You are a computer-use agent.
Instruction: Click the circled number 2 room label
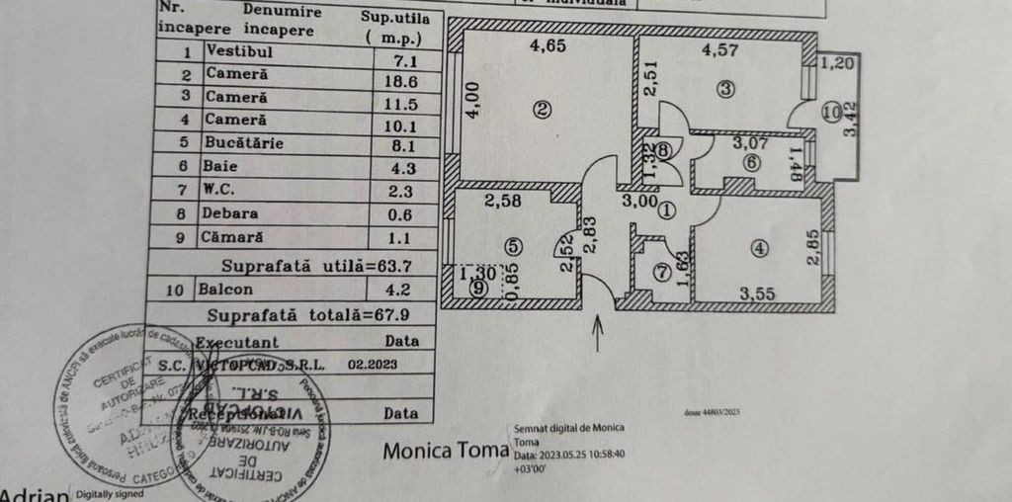coord(541,111)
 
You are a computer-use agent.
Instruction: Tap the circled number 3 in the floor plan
coord(727,89)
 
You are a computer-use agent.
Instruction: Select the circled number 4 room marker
coord(759,249)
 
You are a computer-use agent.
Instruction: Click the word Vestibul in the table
coord(239,51)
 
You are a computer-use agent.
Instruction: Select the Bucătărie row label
coord(245,143)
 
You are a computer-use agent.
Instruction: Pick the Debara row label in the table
coord(234,212)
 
